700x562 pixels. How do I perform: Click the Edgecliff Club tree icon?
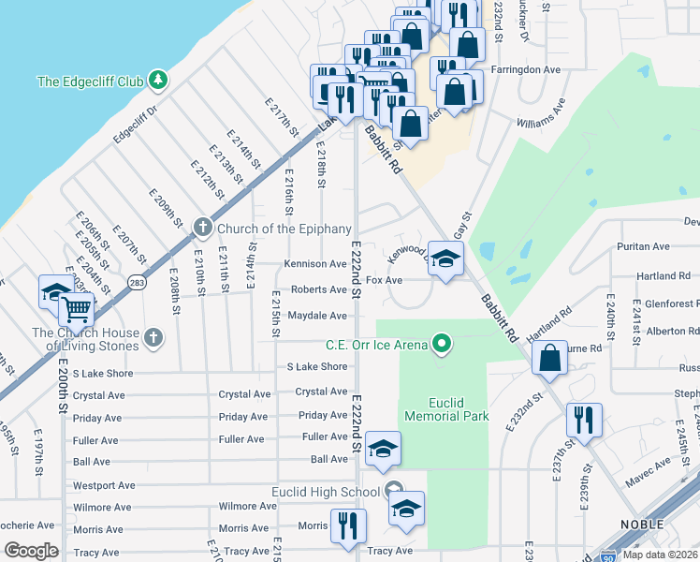pyautogui.click(x=158, y=81)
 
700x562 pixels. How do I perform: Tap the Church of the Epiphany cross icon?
pyautogui.click(x=202, y=228)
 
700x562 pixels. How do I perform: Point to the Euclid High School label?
pyautogui.click(x=324, y=492)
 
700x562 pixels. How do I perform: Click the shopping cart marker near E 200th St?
pyautogui.click(x=77, y=308)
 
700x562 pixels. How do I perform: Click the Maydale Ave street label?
pyautogui.click(x=318, y=316)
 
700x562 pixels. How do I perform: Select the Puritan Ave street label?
pyautogui.click(x=643, y=246)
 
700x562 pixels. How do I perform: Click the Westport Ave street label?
pyautogui.click(x=104, y=486)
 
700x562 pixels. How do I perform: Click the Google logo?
pyautogui.click(x=31, y=550)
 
